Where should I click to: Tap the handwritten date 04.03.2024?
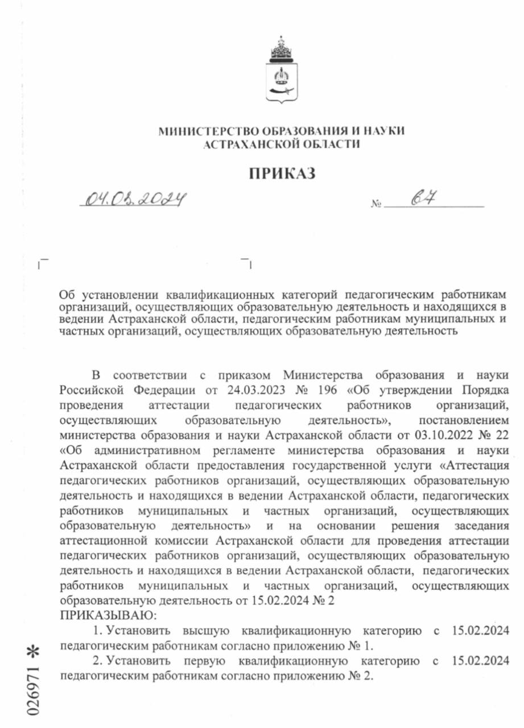coord(135,198)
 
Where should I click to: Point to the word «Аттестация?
coord(475,465)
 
